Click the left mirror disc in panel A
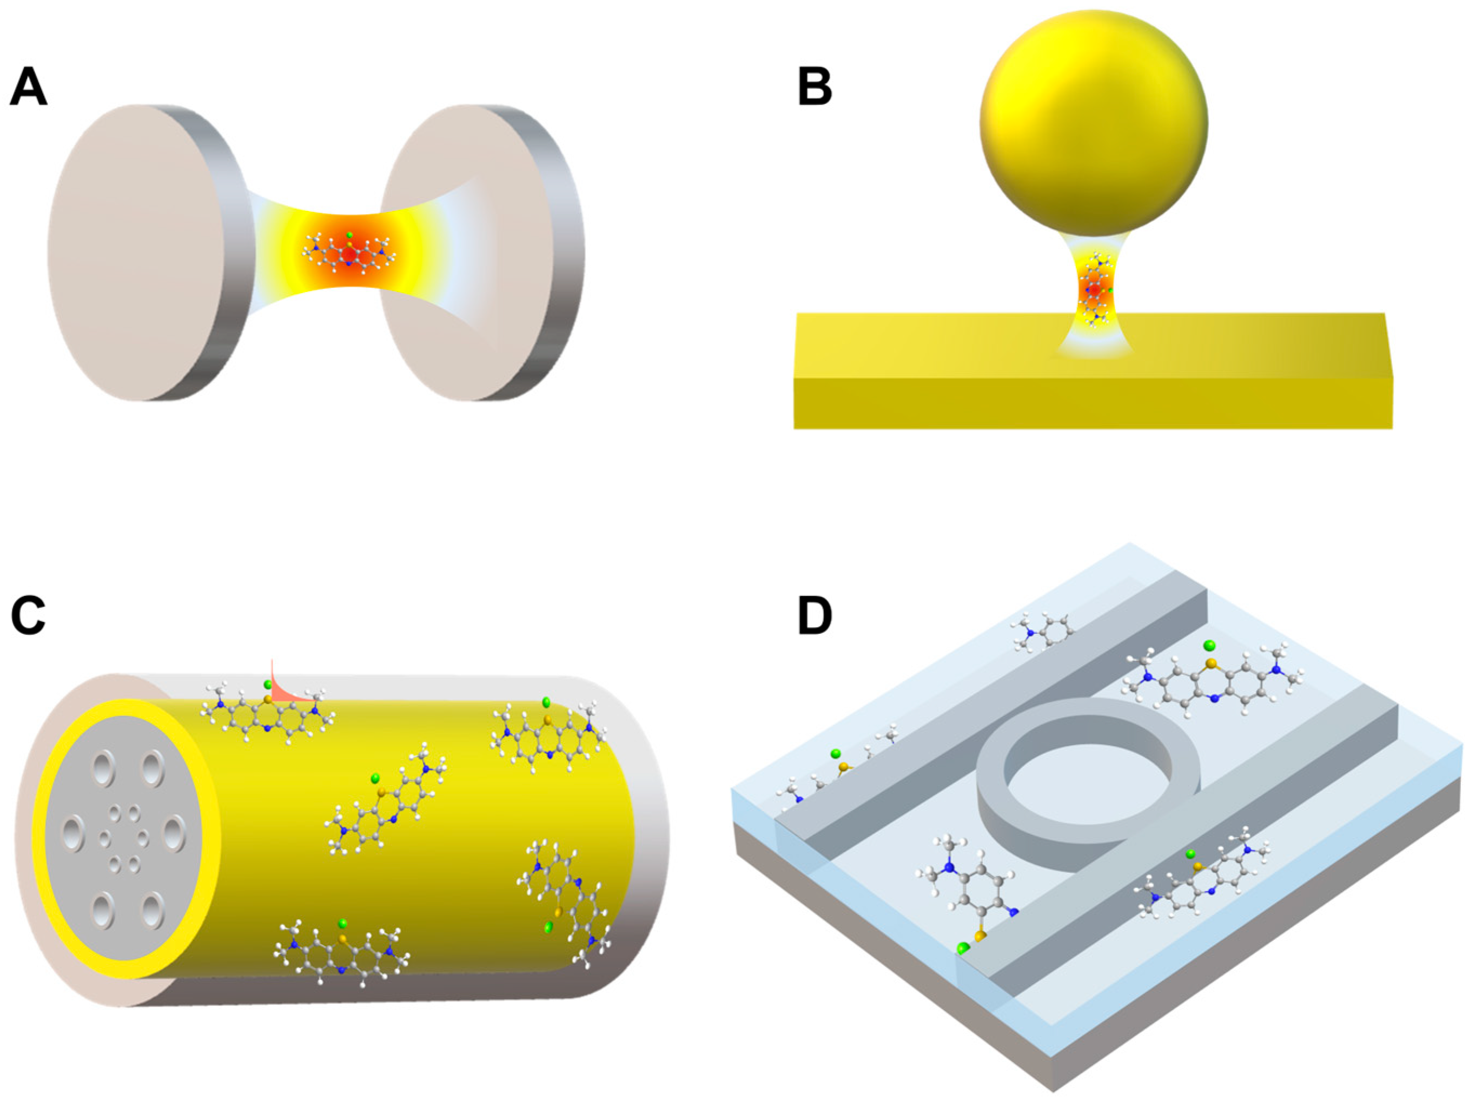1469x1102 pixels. tap(140, 253)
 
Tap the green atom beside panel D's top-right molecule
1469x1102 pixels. tap(1209, 645)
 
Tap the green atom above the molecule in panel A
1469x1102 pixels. tap(350, 235)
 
